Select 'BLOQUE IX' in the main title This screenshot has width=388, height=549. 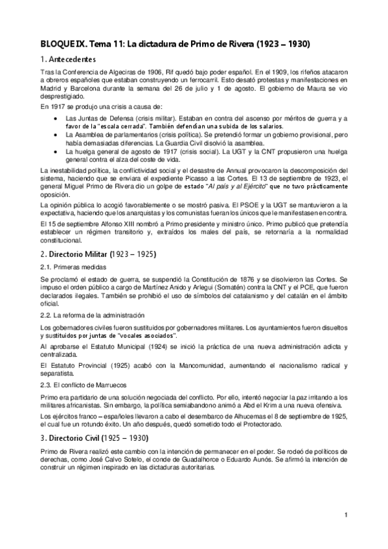pyautogui.click(x=58, y=44)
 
